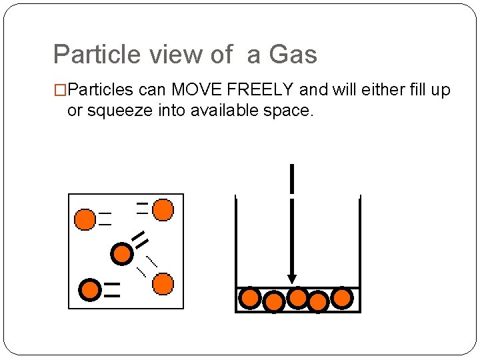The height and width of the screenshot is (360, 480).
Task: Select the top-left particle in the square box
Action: [x=85, y=219]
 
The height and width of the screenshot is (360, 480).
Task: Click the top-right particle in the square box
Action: [x=163, y=210]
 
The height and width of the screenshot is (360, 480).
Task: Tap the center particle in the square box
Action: [x=121, y=253]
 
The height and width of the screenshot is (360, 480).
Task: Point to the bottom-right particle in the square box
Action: [x=163, y=285]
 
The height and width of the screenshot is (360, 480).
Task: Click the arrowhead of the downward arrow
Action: [x=291, y=279]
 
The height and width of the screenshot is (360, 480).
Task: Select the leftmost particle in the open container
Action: [x=249, y=298]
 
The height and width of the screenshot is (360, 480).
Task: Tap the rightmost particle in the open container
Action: [x=341, y=297]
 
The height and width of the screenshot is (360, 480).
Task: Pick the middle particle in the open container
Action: [x=297, y=297]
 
